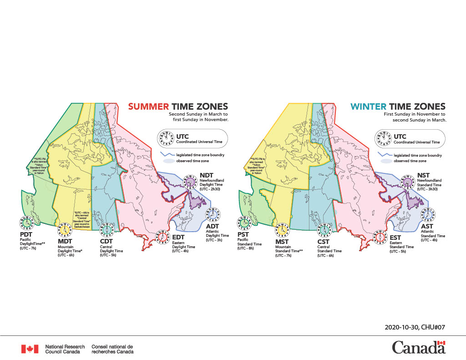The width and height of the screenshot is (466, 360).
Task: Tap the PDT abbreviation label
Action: point(27,234)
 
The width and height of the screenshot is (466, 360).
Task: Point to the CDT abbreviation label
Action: point(106,241)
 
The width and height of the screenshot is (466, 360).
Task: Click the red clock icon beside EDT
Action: point(162,238)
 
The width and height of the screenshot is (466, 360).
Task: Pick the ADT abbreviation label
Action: point(213,226)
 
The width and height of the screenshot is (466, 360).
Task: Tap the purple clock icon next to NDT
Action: point(189,182)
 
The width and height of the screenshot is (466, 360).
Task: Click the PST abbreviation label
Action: point(243,234)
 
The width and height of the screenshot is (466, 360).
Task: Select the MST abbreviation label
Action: point(283,242)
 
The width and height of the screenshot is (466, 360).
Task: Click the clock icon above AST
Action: point(428,214)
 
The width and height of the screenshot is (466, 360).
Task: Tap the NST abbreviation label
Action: point(423,175)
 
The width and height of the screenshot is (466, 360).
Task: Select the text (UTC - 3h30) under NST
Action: point(429,189)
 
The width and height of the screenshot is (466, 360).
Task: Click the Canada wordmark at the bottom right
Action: point(419,348)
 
